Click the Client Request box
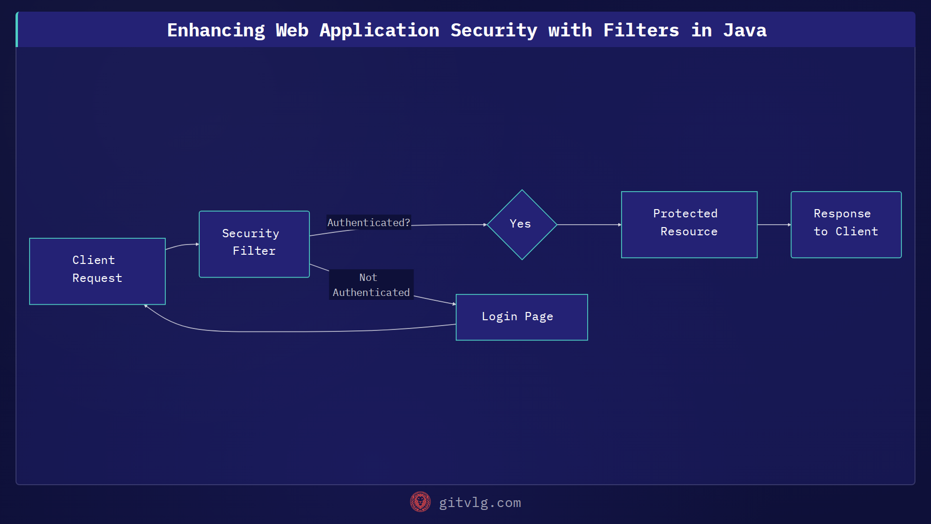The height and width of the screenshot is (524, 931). [x=97, y=271]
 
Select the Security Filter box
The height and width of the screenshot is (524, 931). [x=254, y=244]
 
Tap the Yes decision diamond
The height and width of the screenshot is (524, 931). [x=522, y=224]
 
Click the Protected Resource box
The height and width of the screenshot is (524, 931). [x=689, y=224]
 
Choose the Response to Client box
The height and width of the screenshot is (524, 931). [x=846, y=224]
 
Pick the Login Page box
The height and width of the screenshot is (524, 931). [x=521, y=317]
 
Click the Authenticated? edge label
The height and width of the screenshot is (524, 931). [x=369, y=222]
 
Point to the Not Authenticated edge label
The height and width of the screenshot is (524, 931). [x=371, y=285]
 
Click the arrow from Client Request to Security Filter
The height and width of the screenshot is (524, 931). [x=182, y=246]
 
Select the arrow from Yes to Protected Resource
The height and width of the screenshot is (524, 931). [x=589, y=225]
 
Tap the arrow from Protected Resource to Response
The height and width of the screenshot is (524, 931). [x=774, y=225]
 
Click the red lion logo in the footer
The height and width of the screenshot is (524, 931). [x=420, y=502]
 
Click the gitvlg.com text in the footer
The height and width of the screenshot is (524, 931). [x=480, y=503]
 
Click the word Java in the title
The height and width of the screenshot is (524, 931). [x=744, y=30]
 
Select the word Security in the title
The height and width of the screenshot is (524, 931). [x=494, y=30]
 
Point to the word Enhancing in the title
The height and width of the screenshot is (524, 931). [x=216, y=30]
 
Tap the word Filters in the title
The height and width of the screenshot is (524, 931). [x=641, y=30]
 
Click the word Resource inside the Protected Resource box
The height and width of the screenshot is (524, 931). [x=689, y=231]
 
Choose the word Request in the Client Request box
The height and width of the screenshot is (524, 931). [x=97, y=278]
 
